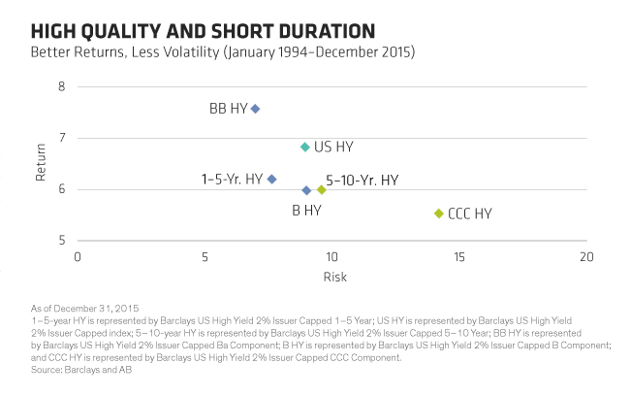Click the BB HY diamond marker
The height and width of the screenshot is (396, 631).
click(255, 109)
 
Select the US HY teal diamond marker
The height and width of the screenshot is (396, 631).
click(305, 147)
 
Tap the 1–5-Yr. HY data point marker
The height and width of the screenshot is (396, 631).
click(271, 179)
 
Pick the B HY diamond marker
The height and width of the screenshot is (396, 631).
click(306, 190)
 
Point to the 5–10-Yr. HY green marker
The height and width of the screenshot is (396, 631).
click(322, 189)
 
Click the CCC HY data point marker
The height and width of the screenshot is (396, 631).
click(438, 214)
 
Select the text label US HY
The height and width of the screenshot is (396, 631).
click(333, 148)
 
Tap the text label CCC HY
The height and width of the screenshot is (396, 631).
click(470, 214)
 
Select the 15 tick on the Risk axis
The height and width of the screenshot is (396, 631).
click(458, 257)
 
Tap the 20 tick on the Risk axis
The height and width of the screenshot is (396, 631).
click(585, 257)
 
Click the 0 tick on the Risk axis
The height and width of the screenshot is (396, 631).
click(78, 257)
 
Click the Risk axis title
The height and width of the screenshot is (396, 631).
click(331, 277)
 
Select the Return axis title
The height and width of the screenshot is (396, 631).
click(41, 163)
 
